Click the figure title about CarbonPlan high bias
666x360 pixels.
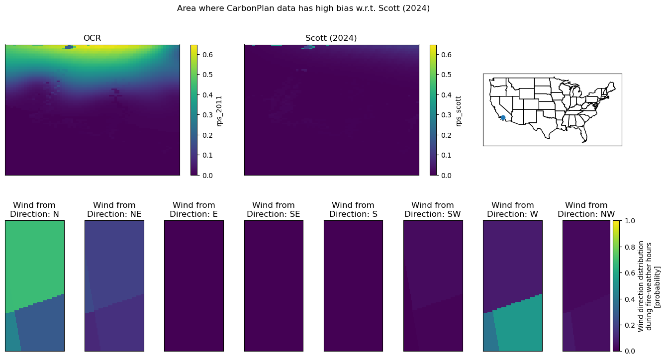click(303, 8)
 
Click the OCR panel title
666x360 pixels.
click(92, 38)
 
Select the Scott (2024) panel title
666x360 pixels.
click(331, 38)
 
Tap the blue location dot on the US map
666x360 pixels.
click(503, 118)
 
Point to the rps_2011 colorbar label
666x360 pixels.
click(219, 111)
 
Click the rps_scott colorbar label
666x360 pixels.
click(458, 111)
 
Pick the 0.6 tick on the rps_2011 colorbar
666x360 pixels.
click(207, 55)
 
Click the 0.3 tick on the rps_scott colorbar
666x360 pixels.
click(447, 115)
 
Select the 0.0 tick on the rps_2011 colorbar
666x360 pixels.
click(207, 176)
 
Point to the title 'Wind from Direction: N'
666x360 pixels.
click(34, 209)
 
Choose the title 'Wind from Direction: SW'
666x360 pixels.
click(433, 209)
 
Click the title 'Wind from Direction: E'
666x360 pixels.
click(194, 209)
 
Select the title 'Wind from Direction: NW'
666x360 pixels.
click(586, 209)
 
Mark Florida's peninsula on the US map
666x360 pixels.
click(583, 135)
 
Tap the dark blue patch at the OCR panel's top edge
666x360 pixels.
click(69, 47)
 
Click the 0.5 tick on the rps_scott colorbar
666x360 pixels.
click(447, 75)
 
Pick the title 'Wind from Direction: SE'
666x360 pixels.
click(273, 209)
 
